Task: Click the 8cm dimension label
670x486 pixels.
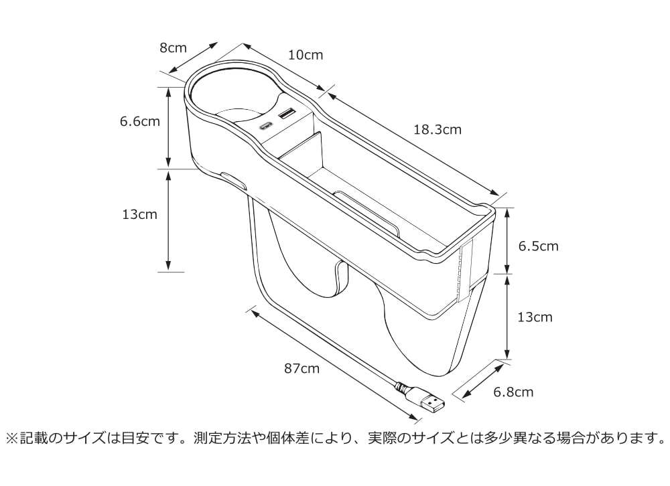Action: [x=173, y=48]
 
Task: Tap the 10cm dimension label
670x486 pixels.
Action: [x=306, y=55]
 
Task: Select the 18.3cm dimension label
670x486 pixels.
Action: [x=438, y=129]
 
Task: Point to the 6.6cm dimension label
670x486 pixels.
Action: [x=140, y=121]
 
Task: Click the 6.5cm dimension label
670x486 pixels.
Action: [x=539, y=246]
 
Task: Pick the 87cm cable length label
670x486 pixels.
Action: [x=301, y=368]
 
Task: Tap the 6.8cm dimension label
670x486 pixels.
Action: [x=513, y=392]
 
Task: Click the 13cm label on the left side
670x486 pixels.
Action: [x=140, y=214]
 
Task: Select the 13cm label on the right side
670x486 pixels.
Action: [x=535, y=317]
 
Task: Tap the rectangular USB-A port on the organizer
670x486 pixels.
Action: [x=287, y=114]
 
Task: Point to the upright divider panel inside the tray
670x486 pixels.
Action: [x=301, y=151]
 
